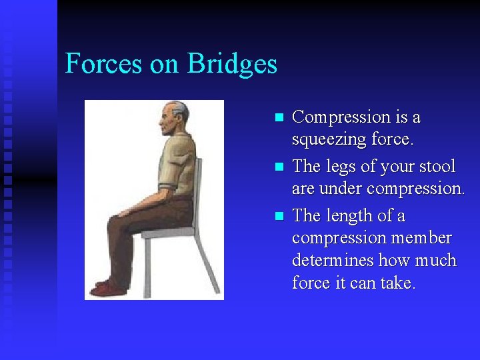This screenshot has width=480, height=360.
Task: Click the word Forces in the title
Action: (103, 64)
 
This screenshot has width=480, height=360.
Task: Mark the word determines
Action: (333, 260)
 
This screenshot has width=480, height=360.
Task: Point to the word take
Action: (397, 283)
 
